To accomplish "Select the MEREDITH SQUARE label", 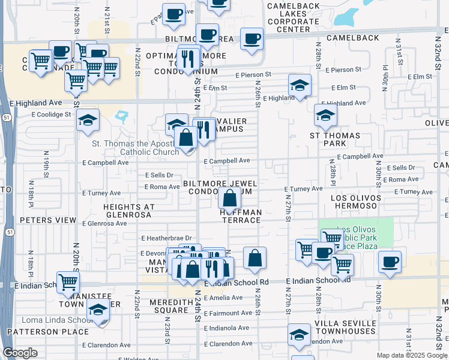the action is (170, 306).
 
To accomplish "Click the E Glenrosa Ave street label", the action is (104, 223).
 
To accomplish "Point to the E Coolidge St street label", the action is (51, 115).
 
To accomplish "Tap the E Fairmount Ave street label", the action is (228, 313).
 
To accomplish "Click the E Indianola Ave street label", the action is (226, 328).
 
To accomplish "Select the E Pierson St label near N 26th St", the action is (253, 75).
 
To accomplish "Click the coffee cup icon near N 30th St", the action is (390, 262).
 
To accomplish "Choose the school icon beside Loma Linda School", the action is (98, 311).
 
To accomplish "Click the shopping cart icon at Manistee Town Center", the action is (68, 281).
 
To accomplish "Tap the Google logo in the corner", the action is (20, 353).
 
